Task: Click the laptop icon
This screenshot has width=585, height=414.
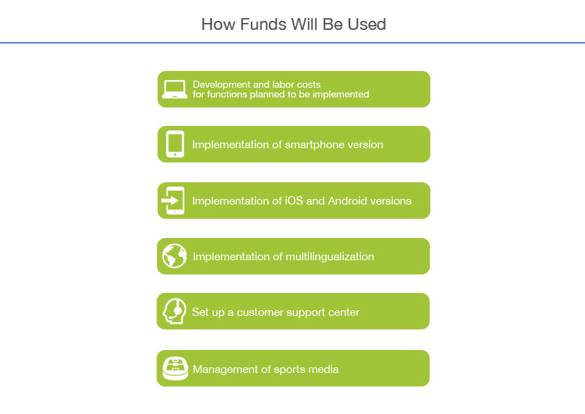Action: pos(174,89)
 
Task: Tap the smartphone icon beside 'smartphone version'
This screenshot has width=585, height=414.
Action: pos(175,144)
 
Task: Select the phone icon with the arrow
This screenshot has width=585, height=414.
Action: pos(173,200)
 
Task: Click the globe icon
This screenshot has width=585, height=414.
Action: pos(174,256)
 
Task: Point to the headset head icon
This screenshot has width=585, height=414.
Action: pos(174,311)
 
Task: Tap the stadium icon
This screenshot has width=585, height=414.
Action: pos(175,368)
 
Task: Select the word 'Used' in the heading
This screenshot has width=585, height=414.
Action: pos(367,24)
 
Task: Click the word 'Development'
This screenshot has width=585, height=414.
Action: pos(221,85)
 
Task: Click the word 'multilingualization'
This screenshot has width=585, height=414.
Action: pos(330,257)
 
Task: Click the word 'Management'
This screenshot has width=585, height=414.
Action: pos(226,369)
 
